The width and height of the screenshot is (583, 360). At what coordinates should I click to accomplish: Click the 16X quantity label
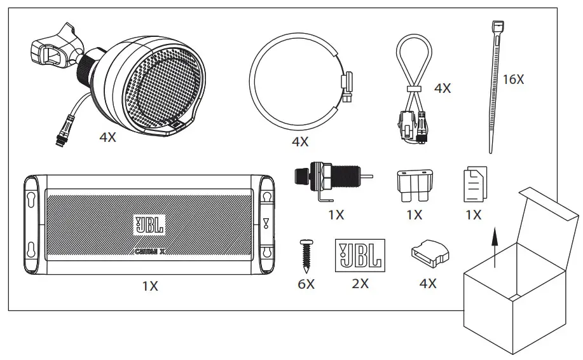pyautogui.click(x=512, y=80)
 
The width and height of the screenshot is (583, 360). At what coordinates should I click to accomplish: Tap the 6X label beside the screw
pyautogui.click(x=306, y=284)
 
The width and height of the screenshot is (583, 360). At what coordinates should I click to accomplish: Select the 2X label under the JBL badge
pyautogui.click(x=360, y=284)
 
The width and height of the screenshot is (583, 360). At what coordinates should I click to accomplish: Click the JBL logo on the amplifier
pyautogui.click(x=149, y=225)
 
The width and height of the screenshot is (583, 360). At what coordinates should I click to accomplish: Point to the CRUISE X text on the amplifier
pyautogui.click(x=149, y=251)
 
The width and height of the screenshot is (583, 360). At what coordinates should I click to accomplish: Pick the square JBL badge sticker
pyautogui.click(x=359, y=254)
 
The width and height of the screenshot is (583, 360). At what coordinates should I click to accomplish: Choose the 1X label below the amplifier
pyautogui.click(x=149, y=286)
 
